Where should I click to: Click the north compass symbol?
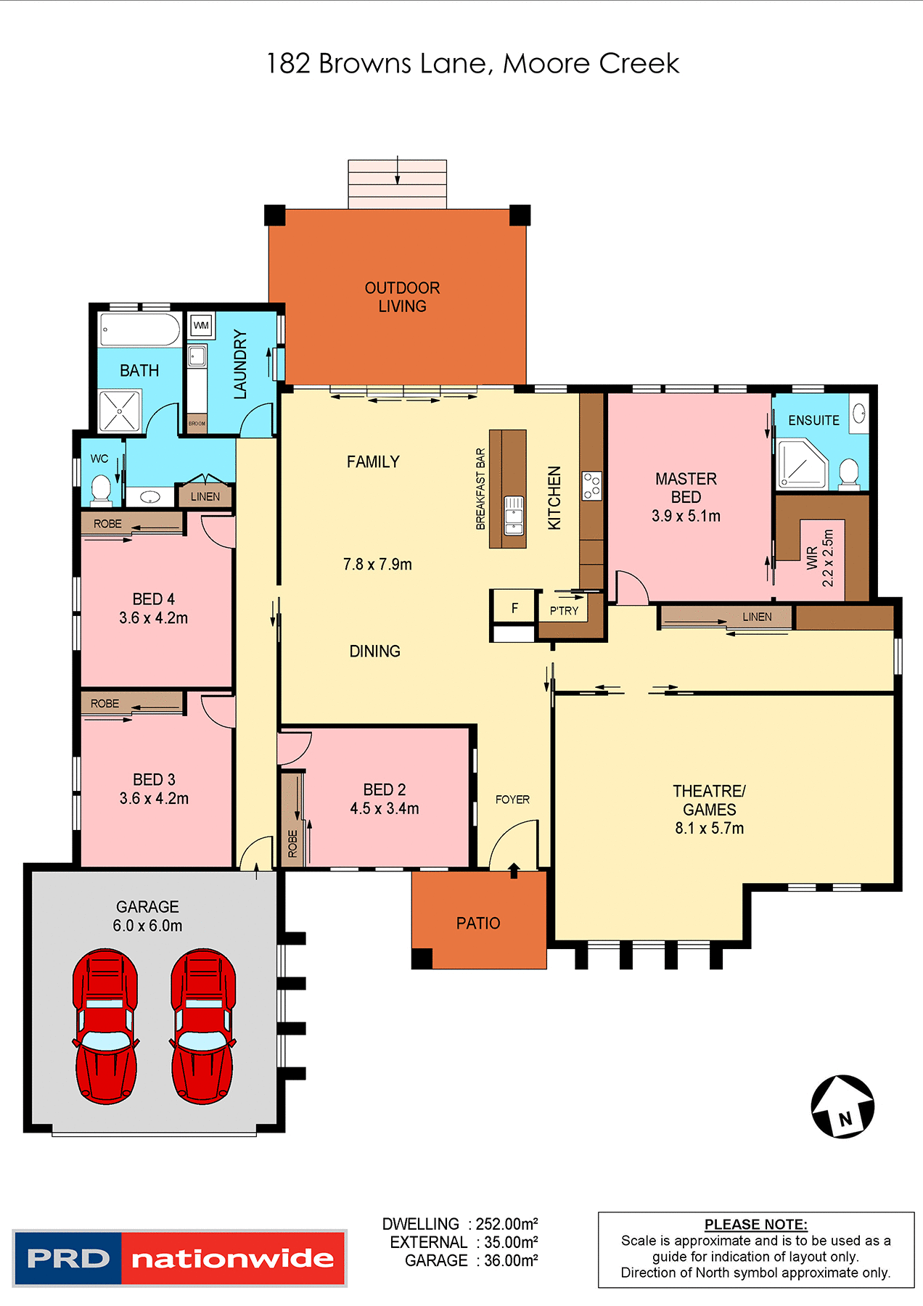(842, 1106)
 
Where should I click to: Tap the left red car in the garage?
(105, 1026)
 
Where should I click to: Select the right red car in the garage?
(202, 1026)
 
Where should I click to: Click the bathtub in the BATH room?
(140, 330)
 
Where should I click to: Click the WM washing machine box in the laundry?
(201, 325)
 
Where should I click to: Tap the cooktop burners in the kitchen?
(591, 485)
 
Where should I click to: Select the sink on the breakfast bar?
(514, 514)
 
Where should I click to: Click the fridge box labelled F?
(514, 608)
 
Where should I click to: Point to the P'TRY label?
(564, 611)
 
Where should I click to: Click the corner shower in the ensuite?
(800, 464)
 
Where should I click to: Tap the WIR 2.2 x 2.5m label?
(820, 557)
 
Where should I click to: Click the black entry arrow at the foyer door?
(514, 870)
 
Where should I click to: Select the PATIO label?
(478, 923)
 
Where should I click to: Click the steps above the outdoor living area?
(397, 184)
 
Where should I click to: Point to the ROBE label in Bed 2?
(292, 843)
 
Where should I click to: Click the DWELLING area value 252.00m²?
(506, 1224)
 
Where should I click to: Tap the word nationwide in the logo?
(232, 1258)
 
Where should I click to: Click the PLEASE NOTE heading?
(755, 1224)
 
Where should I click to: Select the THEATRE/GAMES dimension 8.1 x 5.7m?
(709, 828)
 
